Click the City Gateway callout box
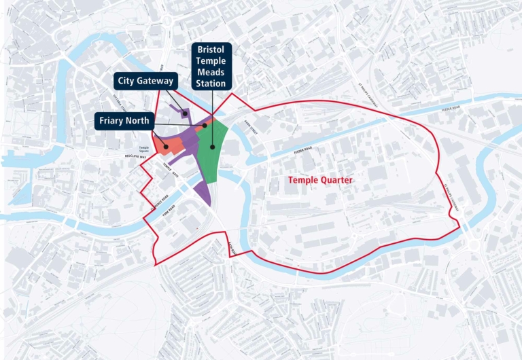[x=144, y=82]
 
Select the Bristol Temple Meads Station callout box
[x=211, y=67]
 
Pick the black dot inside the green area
[x=213, y=146]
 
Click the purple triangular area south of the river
[x=203, y=193]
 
